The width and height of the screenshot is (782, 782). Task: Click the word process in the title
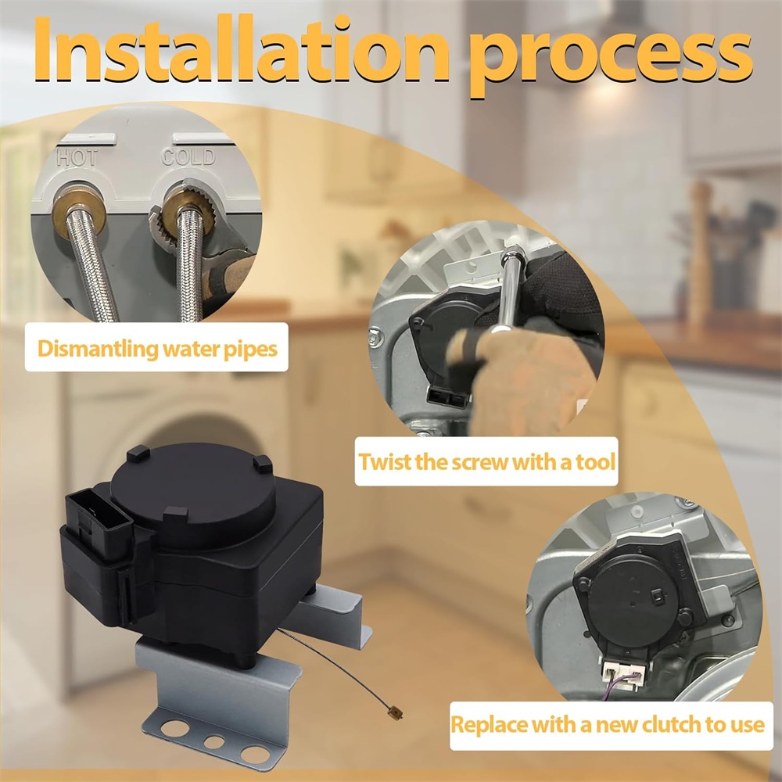point(612,58)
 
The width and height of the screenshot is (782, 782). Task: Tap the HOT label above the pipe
point(77,158)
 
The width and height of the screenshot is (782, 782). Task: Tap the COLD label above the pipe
point(188,157)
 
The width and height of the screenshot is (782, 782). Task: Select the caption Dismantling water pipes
point(157,348)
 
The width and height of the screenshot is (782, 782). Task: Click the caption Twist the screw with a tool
point(486,461)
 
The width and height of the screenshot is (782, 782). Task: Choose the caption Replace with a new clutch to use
point(607,724)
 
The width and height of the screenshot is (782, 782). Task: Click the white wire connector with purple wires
point(623,673)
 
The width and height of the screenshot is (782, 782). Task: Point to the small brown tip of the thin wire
point(396,714)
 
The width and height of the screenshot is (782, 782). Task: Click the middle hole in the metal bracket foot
point(214,741)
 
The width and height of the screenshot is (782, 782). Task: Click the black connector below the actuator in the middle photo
point(447,396)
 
